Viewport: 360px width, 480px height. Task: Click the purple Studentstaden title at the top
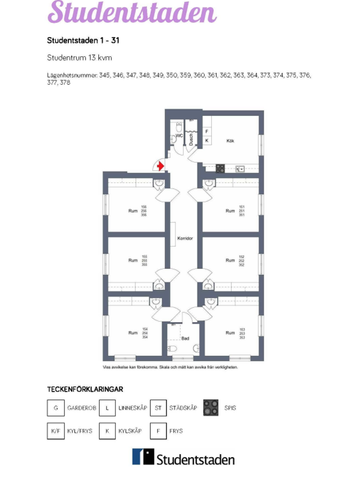[x=131, y=14]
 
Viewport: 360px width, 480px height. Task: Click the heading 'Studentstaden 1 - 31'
[x=83, y=40]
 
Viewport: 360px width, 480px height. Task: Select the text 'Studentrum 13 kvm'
[x=79, y=59]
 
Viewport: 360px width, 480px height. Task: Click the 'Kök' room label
[x=230, y=141]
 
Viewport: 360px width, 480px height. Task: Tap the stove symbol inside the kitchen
[x=240, y=169]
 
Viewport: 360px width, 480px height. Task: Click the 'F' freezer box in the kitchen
[x=207, y=131]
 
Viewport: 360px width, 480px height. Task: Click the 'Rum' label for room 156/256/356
[x=132, y=210]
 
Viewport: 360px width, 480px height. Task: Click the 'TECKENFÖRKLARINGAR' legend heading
[x=84, y=387]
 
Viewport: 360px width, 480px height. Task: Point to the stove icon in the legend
[x=210, y=407]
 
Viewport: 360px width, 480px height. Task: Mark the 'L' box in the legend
[x=108, y=407]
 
